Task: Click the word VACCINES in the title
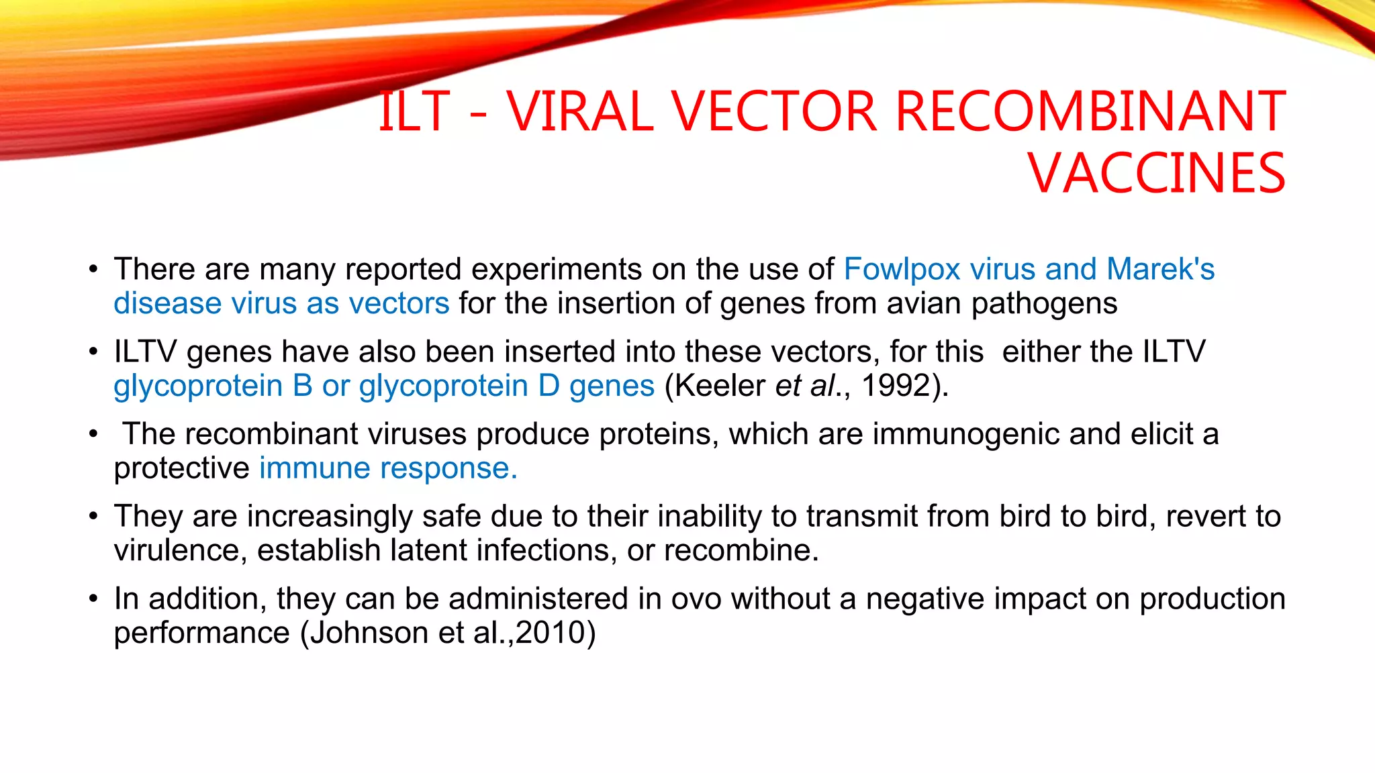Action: click(1156, 174)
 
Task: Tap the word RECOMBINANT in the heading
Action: click(1090, 111)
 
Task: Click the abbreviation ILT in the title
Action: click(414, 111)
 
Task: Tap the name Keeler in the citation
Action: click(720, 386)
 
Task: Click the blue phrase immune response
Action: click(388, 468)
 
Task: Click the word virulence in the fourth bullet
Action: click(176, 550)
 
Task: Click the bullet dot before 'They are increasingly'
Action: click(94, 517)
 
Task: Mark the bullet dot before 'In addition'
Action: click(94, 599)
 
